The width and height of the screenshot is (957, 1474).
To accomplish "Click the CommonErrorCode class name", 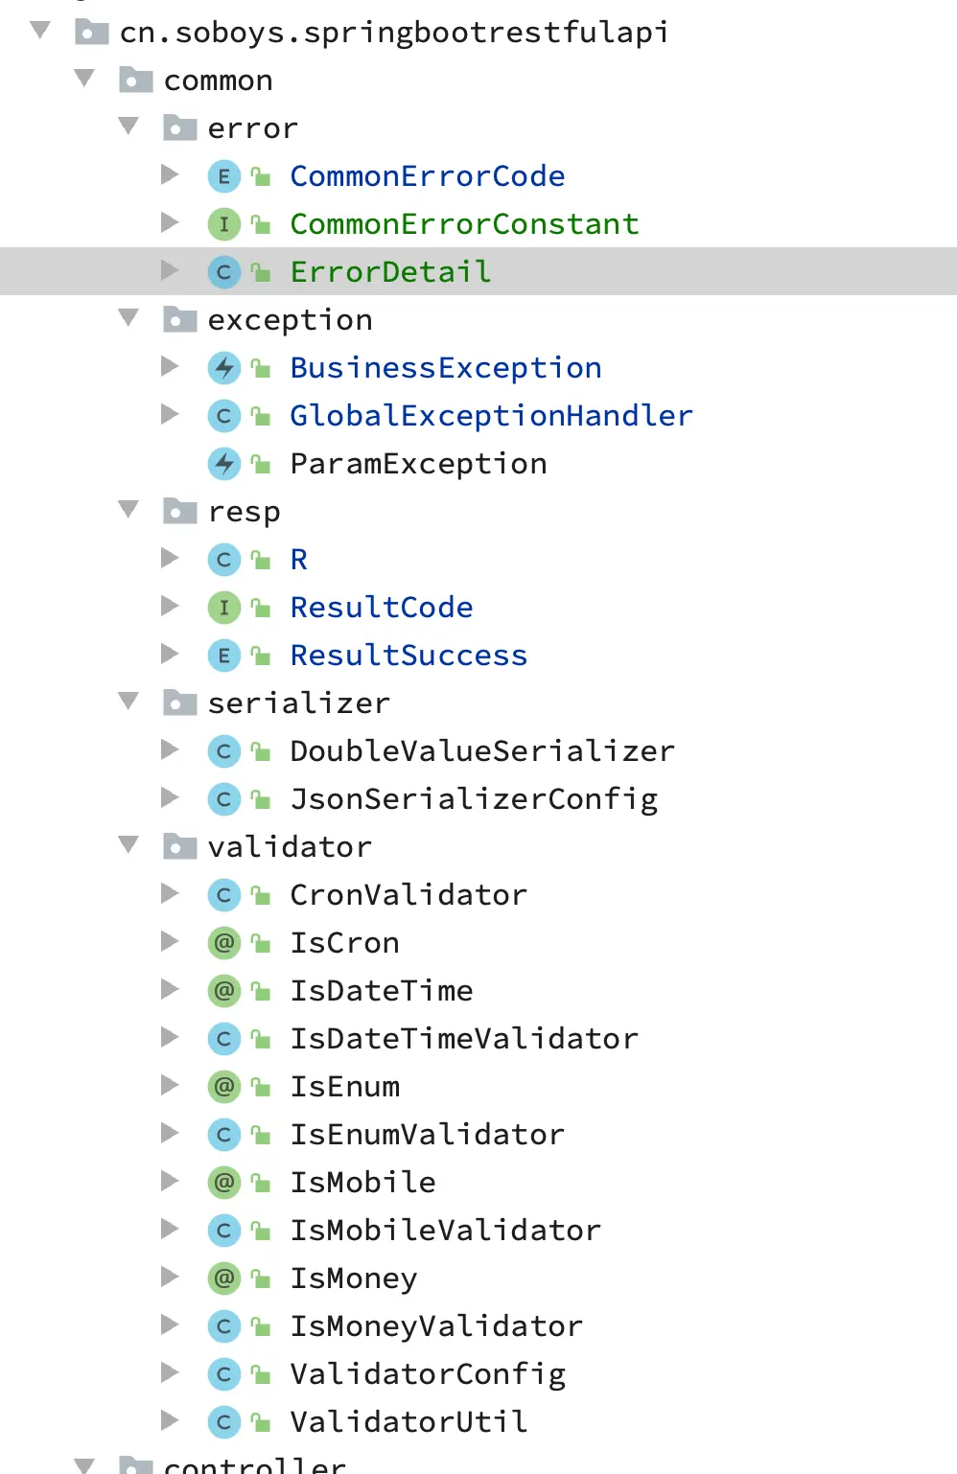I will coord(427,176).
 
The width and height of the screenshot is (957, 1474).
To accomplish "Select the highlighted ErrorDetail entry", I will coord(390,272).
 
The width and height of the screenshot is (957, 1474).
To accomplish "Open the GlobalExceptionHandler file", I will coord(491,416).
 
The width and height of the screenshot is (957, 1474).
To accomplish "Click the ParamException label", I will coord(418,464).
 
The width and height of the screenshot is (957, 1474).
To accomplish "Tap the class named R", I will coord(299,560).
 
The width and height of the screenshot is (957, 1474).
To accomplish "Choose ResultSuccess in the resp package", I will coord(408,656).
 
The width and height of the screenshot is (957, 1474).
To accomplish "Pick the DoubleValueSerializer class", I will coord(482,751).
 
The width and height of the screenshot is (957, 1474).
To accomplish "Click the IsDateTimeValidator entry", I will coord(464,1039).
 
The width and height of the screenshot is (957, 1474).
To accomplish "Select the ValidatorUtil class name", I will coord(408,1422).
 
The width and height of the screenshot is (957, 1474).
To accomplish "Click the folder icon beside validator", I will coord(179,846).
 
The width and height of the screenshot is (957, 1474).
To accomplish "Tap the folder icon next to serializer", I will coord(179,702).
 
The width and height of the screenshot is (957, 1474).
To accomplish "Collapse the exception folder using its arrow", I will coord(128,317).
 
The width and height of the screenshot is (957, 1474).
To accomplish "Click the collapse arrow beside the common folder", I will coord(84,78).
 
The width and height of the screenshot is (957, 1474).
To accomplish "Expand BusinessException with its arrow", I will coord(170,366).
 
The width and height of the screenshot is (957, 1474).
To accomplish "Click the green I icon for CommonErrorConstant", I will coord(223,224).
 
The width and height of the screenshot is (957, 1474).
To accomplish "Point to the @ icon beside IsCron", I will coord(223,943).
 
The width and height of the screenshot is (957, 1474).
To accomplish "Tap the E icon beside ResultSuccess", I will coord(223,656).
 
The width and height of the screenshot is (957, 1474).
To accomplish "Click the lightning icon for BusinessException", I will coord(223,368).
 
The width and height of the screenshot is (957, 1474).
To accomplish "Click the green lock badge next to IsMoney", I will coord(260,1278).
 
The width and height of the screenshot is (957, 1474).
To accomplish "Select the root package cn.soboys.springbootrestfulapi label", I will coord(394,33).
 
